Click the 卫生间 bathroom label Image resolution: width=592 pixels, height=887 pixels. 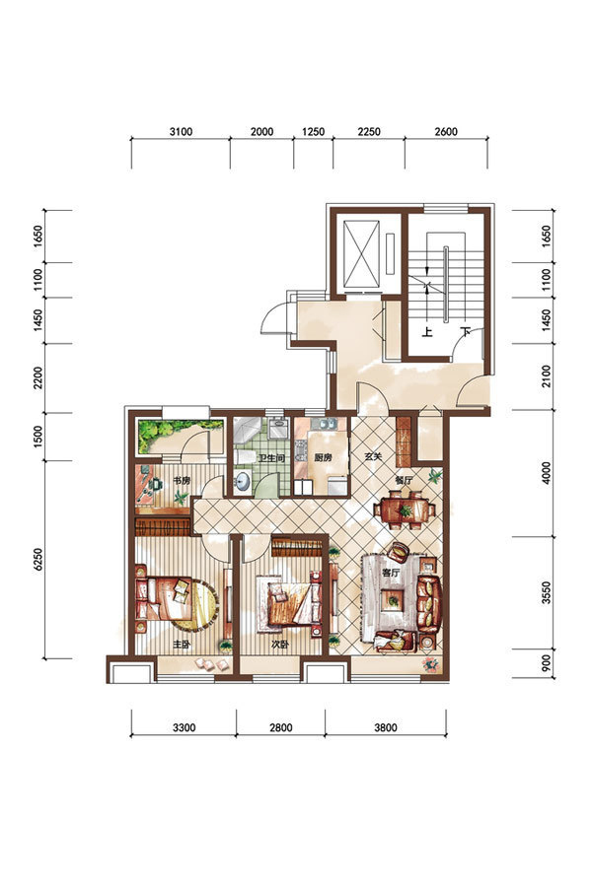(270, 458)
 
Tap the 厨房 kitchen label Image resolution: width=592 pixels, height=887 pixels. (323, 457)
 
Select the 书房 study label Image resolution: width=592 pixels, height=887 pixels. (182, 481)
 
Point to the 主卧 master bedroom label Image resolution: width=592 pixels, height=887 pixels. (182, 645)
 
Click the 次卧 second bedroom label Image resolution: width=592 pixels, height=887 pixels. (280, 645)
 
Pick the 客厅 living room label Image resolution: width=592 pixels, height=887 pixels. (391, 573)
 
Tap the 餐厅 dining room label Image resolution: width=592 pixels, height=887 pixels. (404, 480)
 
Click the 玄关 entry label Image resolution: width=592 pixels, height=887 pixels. (373, 456)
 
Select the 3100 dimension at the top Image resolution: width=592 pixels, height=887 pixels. (182, 132)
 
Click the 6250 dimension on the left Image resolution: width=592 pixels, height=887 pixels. (38, 559)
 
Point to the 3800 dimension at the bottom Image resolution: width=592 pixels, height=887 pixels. (386, 727)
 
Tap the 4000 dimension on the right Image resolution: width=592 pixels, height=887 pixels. (546, 473)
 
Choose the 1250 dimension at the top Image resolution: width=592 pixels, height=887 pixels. (314, 132)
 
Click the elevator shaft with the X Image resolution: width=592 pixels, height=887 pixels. (361, 254)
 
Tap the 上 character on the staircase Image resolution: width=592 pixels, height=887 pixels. (427, 331)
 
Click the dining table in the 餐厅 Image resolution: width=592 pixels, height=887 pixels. (405, 511)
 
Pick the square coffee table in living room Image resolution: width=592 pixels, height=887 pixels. (392, 599)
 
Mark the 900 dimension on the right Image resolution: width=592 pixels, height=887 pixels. (546, 663)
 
